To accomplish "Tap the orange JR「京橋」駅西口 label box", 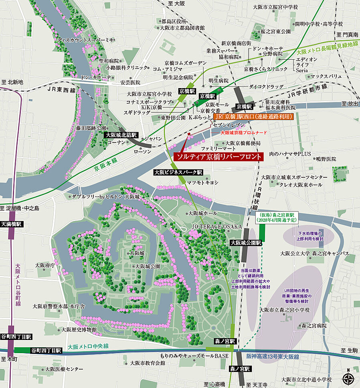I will tap(253, 117).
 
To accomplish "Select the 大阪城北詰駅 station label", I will tap(121, 135).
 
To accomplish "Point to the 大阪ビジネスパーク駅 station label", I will tap(179, 172).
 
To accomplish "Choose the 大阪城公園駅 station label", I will tap(246, 243).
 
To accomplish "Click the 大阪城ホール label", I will tap(202, 213).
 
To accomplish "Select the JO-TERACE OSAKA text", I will tap(216, 227).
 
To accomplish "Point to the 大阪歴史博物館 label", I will tap(79, 330).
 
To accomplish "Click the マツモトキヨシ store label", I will tap(202, 183).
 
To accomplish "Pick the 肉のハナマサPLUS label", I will tap(290, 154).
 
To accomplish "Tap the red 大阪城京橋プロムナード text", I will tap(244, 133).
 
